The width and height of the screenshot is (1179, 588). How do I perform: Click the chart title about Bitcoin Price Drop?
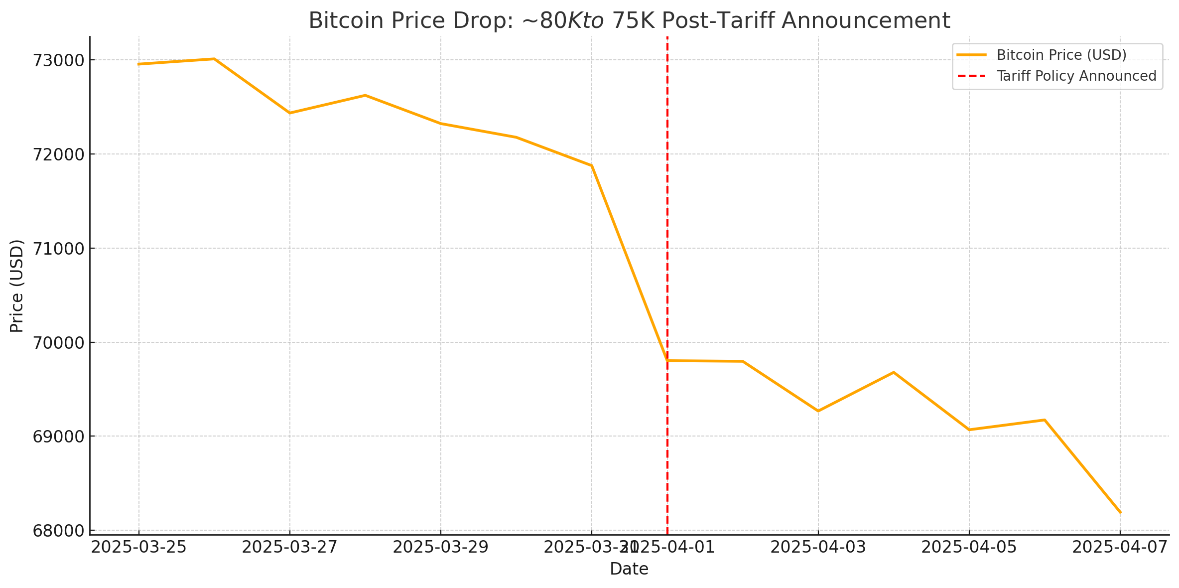tap(629, 21)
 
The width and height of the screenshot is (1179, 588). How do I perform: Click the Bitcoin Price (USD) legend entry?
tap(1061, 55)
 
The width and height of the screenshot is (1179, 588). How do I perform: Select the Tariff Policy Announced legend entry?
tap(1076, 76)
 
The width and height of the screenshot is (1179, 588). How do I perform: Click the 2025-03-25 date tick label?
tap(139, 547)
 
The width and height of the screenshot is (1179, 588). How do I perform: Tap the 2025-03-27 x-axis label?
tap(290, 547)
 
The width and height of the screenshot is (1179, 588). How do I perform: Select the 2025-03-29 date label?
tap(441, 547)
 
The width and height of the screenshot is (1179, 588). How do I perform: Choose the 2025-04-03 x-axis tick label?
tap(818, 547)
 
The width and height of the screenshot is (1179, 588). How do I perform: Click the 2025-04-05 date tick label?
tap(969, 547)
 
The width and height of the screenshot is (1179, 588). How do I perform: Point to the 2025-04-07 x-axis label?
tap(1120, 547)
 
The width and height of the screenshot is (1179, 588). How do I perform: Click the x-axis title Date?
tap(629, 569)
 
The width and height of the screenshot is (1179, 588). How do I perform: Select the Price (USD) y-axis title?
tap(17, 286)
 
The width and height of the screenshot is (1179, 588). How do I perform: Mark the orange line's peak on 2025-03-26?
tap(214, 59)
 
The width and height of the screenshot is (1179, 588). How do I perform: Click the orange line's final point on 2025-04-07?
tap(1120, 512)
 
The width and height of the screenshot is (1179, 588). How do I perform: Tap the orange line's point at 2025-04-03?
tap(818, 411)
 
